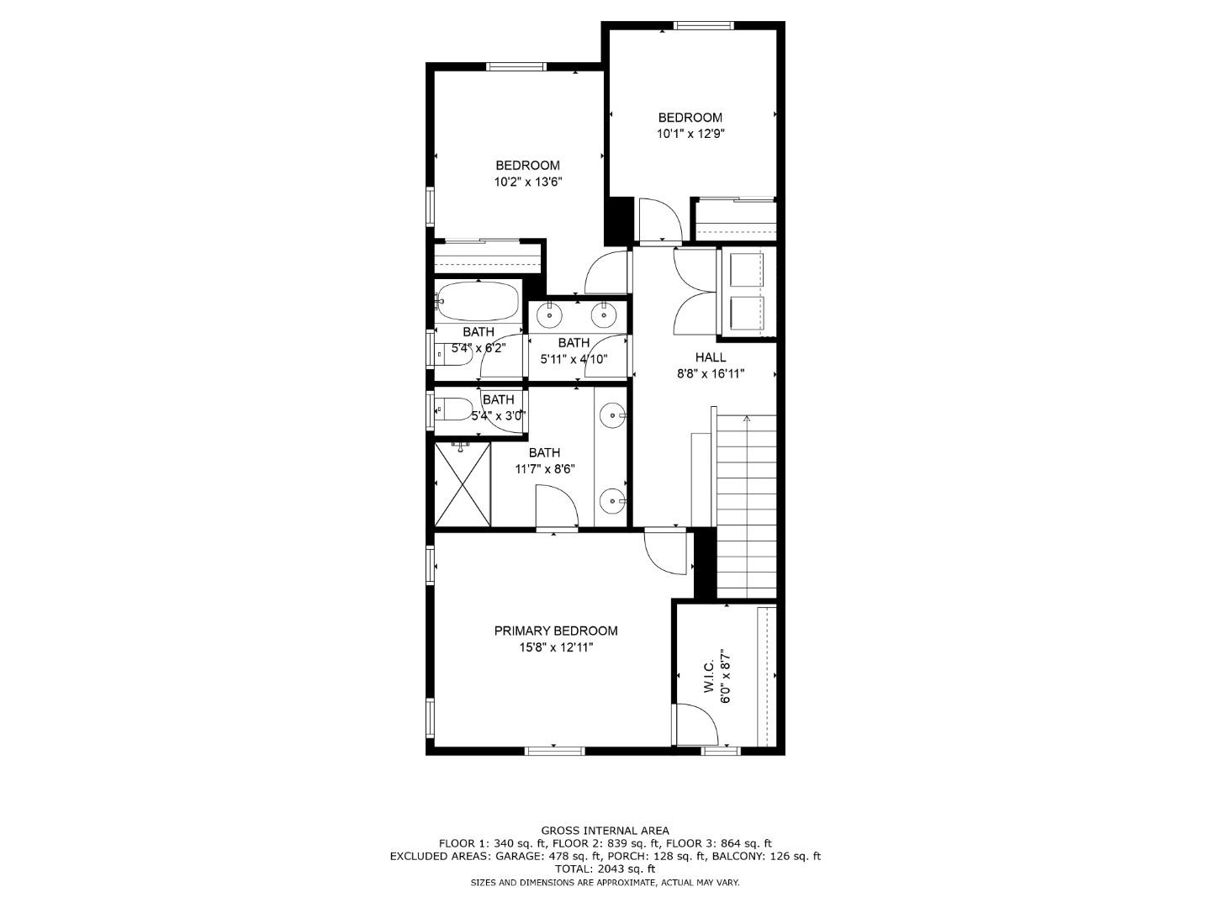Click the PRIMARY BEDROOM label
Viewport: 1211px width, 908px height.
pos(555,631)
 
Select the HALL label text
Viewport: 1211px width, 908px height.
pos(711,357)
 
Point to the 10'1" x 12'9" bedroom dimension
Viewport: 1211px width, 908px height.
pos(690,134)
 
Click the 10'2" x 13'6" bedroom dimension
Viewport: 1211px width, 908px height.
pos(527,182)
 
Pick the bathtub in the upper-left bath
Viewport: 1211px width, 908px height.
pos(479,300)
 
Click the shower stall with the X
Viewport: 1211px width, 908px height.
pos(463,484)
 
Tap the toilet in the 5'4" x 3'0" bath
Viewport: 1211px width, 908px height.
pos(455,409)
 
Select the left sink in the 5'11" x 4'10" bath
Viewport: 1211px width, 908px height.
pos(549,315)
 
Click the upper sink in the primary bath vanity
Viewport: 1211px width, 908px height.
pos(611,414)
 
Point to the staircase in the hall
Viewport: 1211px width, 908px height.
pos(746,504)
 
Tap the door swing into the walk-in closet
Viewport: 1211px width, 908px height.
pos(694,725)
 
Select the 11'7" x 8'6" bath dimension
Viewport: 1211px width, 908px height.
pos(544,469)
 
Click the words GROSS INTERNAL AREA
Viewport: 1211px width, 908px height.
pos(605,831)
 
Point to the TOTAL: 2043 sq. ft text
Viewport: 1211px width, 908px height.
pos(605,869)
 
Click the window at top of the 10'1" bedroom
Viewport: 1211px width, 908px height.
pos(705,25)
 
